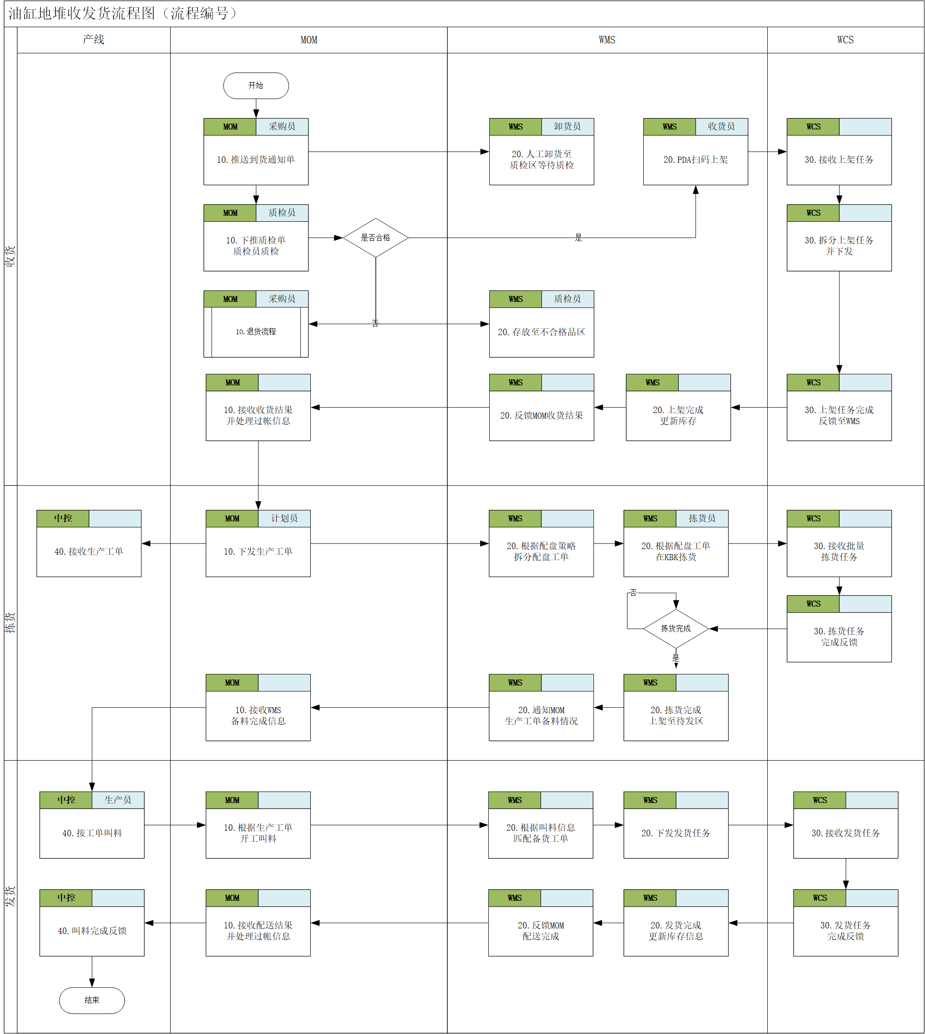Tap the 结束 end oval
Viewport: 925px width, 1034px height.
92,1000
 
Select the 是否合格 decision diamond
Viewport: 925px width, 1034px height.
376,237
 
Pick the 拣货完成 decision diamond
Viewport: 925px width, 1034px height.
676,628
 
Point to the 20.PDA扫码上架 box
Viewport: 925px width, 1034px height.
695,151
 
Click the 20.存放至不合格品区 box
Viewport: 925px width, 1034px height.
541,324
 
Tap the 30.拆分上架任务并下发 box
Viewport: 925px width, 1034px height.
839,237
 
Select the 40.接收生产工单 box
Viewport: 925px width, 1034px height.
89,543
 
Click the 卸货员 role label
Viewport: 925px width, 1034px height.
567,126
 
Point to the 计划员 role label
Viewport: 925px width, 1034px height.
284,518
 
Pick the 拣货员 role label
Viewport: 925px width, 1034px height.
702,518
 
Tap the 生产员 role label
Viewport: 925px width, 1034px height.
118,800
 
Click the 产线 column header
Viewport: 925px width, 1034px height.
94,40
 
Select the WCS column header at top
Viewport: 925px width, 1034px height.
845,40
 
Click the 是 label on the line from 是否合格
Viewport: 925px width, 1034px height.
578,237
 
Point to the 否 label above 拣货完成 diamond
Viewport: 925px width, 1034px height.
633,592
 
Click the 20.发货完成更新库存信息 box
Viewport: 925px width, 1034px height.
676,923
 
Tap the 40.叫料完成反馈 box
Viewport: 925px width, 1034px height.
92,923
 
